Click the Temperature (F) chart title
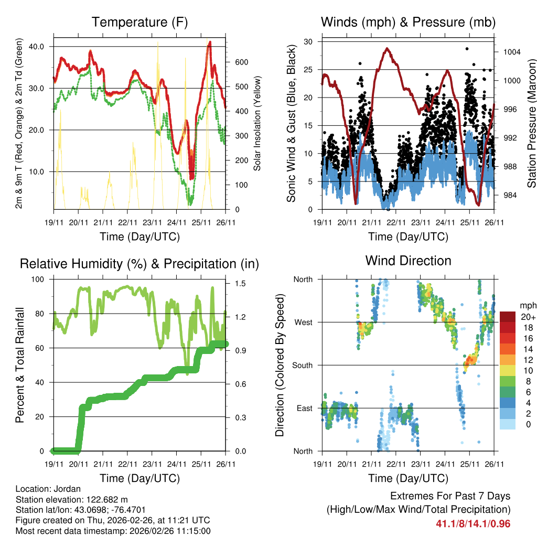point(139,23)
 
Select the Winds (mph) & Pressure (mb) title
point(408,23)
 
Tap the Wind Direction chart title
point(408,261)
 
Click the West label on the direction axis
point(303,323)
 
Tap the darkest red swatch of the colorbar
point(508,317)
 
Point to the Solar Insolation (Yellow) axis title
point(257,124)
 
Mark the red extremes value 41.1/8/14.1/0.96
point(472,523)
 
